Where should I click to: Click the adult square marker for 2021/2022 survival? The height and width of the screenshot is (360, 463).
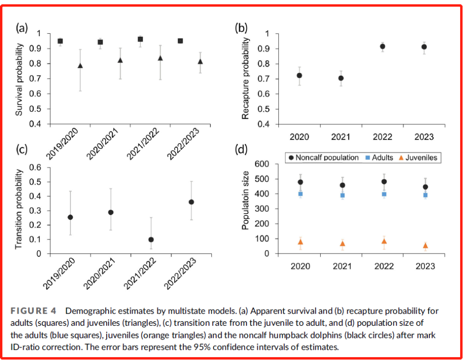[140, 39]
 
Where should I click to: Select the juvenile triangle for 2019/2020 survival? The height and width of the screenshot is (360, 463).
[81, 66]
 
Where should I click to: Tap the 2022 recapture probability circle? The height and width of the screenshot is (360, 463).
[382, 46]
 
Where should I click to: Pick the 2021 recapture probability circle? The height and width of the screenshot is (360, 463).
[341, 78]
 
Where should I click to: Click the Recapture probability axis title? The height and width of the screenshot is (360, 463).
[245, 78]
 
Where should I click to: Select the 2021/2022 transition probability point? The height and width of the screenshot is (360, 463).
[151, 240]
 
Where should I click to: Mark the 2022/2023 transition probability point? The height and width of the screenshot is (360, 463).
[191, 202]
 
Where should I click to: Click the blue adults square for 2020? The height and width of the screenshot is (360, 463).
[300, 194]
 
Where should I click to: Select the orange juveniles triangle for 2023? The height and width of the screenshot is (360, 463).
[425, 245]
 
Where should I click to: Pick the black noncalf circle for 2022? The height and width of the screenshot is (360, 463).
[384, 182]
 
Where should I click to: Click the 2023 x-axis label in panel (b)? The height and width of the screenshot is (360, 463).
[424, 137]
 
